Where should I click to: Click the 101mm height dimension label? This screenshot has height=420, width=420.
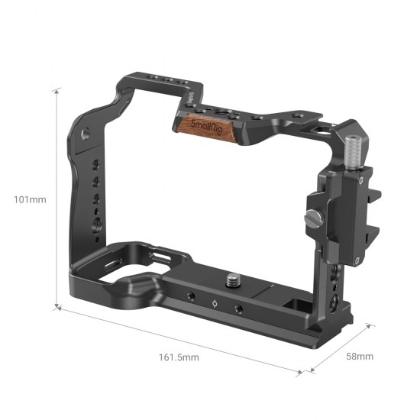click(x=31, y=200)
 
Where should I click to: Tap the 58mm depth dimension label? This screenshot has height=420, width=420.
click(x=360, y=356)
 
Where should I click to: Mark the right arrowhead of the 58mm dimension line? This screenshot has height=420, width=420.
click(x=372, y=325)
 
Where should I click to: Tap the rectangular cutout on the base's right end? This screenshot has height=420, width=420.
click(x=297, y=303)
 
